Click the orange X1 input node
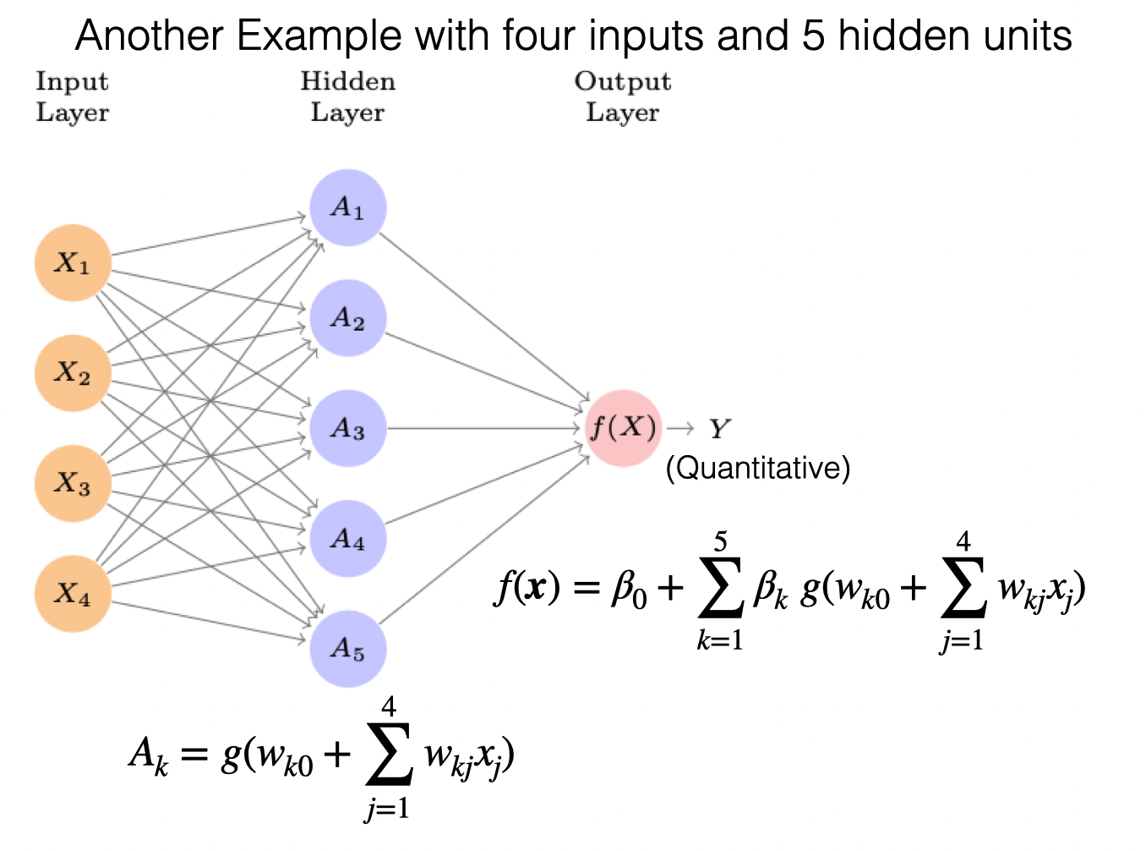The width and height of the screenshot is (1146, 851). (x=73, y=263)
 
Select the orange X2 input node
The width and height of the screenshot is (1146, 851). (x=73, y=373)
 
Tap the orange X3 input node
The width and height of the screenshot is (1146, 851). (x=73, y=484)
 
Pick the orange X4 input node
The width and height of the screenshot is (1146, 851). (x=73, y=594)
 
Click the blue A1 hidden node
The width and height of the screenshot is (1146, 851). (x=347, y=208)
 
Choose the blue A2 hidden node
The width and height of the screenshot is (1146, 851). (x=347, y=318)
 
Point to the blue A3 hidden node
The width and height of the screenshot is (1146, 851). (x=347, y=429)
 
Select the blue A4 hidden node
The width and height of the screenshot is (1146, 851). (x=347, y=539)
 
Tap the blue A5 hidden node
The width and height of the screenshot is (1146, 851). (x=347, y=649)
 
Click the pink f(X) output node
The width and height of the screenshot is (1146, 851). (x=623, y=428)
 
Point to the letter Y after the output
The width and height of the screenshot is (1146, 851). (x=719, y=430)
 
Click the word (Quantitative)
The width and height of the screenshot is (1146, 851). (x=757, y=468)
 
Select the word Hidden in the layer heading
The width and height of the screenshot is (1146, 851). (x=347, y=82)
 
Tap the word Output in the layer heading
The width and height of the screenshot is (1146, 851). (x=623, y=82)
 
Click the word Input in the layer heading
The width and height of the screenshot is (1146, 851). (x=73, y=82)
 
